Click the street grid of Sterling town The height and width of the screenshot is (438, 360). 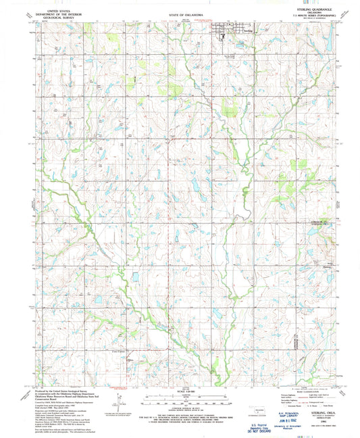tap(225, 30)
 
